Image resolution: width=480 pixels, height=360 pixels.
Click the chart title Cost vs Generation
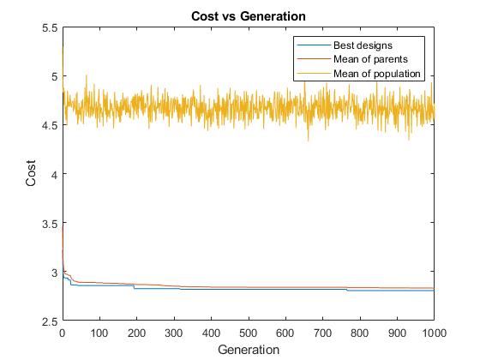tap(248, 15)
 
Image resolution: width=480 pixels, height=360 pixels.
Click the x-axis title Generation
tap(248, 350)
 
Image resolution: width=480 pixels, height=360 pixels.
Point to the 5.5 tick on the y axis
tap(49, 27)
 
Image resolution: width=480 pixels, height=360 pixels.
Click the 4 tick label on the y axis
tap(53, 174)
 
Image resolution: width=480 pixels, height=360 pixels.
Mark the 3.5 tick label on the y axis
tap(49, 223)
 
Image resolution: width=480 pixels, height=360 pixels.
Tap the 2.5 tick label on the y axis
tap(49, 321)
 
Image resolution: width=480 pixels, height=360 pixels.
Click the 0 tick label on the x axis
tap(63, 333)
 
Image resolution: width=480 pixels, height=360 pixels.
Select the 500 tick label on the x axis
tap(248, 333)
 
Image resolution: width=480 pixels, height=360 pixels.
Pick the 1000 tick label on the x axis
tap(433, 333)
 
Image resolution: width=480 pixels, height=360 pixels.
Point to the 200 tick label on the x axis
tap(136, 333)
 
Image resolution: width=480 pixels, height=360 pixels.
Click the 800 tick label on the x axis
tap(359, 333)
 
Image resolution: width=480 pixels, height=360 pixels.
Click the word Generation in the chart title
tap(276, 15)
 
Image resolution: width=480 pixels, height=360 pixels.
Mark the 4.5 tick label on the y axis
tap(49, 125)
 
